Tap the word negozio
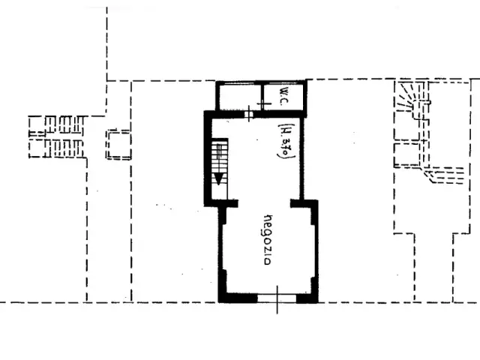click(x=268, y=240)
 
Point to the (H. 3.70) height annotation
click(x=286, y=141)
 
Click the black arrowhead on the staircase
click(x=218, y=179)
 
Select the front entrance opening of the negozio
click(x=277, y=298)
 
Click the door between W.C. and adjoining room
click(x=263, y=104)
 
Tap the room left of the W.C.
click(x=240, y=97)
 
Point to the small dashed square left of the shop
click(x=118, y=145)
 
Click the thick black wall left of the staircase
click(x=208, y=158)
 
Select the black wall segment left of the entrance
click(x=238, y=298)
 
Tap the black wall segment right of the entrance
click(x=307, y=298)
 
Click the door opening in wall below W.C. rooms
click(x=249, y=114)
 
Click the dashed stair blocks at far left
click(x=57, y=136)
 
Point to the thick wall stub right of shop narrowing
click(x=304, y=203)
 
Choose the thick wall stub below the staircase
click(x=225, y=203)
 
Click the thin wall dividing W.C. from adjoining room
click(x=262, y=97)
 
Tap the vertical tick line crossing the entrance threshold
click(x=277, y=300)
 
